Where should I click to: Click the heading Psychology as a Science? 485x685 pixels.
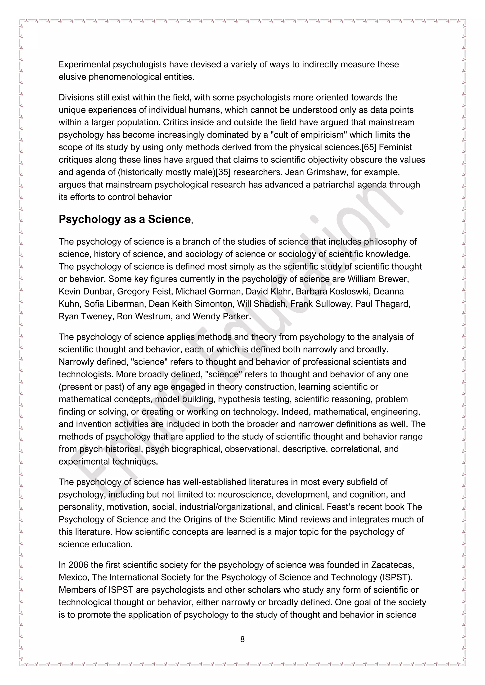coord(125,219)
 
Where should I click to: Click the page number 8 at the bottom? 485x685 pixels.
coord(242,639)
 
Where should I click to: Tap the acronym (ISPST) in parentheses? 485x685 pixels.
coord(396,577)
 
